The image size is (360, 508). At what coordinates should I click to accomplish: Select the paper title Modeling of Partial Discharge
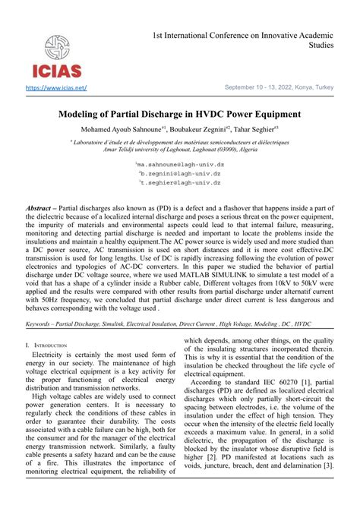tap(180, 114)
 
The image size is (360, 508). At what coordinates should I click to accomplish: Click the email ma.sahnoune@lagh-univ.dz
tap(180, 163)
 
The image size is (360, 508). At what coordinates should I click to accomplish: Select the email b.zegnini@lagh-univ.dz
tap(180, 173)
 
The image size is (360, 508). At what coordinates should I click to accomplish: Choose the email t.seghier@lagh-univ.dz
tap(180, 183)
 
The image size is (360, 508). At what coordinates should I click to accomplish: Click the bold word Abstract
tap(40, 207)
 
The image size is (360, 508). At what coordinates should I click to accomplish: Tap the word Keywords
tap(42, 323)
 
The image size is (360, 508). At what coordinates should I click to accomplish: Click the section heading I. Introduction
tap(46, 345)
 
